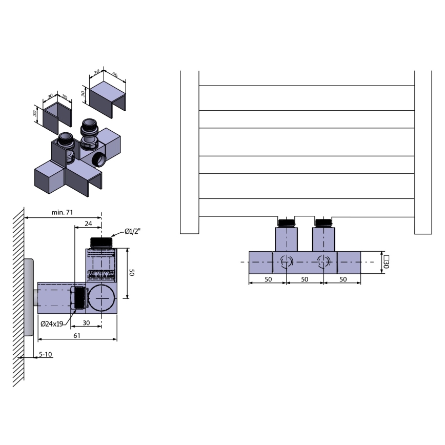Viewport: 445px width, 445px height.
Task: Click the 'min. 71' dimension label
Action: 62,212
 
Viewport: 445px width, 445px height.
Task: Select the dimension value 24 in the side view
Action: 88,224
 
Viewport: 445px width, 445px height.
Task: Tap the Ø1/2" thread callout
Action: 133,231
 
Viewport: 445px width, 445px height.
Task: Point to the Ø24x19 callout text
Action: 51,324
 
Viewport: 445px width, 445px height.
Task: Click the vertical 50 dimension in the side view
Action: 132,273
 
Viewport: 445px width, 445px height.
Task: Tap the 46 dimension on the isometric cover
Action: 115,76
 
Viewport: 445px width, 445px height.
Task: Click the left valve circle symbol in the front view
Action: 286,262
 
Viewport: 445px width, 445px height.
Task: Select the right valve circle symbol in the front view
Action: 323,262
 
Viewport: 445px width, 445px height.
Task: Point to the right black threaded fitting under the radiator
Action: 323,222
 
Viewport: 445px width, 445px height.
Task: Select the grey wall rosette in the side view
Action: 29,297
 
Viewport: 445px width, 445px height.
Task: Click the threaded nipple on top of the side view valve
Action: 102,242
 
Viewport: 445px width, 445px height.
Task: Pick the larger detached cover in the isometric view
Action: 106,96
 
